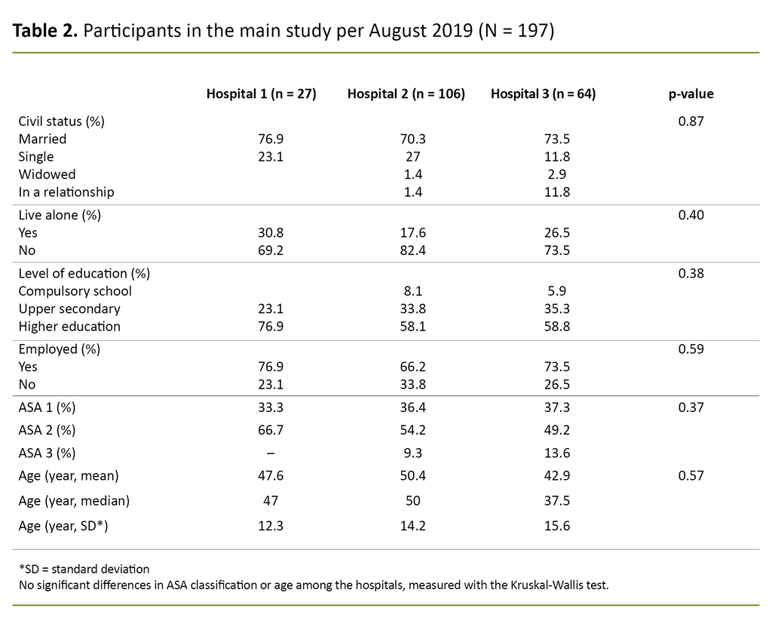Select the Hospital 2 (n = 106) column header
pyautogui.click(x=406, y=94)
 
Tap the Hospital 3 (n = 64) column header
pyautogui.click(x=542, y=94)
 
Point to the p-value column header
pyautogui.click(x=691, y=94)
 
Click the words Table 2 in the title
pyautogui.click(x=45, y=32)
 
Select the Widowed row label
pyautogui.click(x=47, y=174)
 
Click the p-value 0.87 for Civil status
pyautogui.click(x=691, y=121)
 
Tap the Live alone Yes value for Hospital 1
pyautogui.click(x=270, y=233)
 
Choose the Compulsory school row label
pyautogui.click(x=75, y=291)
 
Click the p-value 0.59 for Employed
pyautogui.click(x=691, y=349)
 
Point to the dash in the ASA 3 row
pyautogui.click(x=270, y=453)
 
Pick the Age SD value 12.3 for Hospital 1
pyautogui.click(x=270, y=526)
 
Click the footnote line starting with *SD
pyautogui.click(x=84, y=569)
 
